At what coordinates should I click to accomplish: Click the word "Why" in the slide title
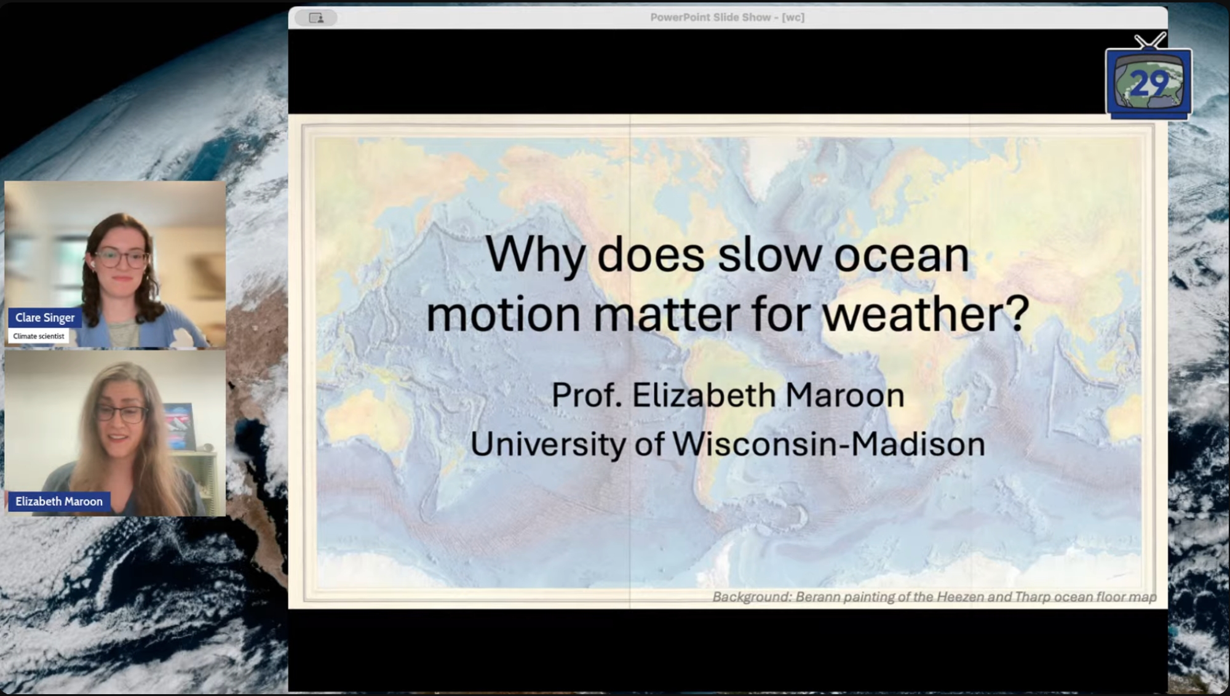pyautogui.click(x=534, y=255)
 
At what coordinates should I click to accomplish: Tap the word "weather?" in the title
pyautogui.click(x=926, y=314)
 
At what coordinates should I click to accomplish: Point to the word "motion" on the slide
pyautogui.click(x=504, y=314)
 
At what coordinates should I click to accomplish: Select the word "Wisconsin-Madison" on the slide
pyautogui.click(x=829, y=444)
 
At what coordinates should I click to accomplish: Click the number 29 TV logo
pyautogui.click(x=1148, y=82)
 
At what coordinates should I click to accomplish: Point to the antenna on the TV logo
pyautogui.click(x=1151, y=41)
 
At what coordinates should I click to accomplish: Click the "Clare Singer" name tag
pyautogui.click(x=45, y=318)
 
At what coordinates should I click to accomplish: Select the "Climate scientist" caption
pyautogui.click(x=39, y=336)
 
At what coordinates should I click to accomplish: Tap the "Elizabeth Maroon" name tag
pyautogui.click(x=59, y=502)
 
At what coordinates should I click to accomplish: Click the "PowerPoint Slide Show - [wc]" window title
pyautogui.click(x=728, y=17)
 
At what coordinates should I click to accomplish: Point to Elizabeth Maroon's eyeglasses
pyautogui.click(x=121, y=413)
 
